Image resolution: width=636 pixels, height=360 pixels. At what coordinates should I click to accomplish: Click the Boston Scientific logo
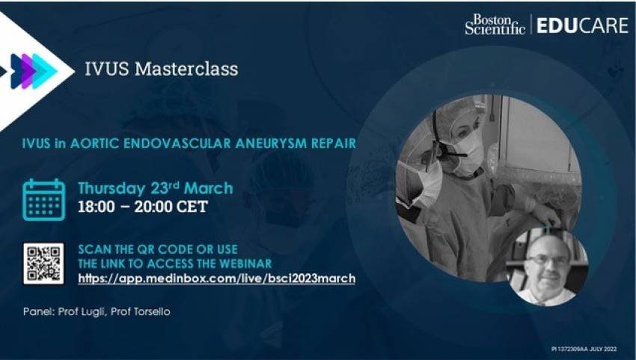coord(495,25)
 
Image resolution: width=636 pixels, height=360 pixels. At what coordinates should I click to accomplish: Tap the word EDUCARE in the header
coord(582,25)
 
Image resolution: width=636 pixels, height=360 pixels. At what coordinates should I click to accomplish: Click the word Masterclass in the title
coord(186,69)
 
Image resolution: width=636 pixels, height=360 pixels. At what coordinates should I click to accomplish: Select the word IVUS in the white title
coord(107,69)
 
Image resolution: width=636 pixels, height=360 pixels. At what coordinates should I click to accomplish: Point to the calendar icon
coord(44,200)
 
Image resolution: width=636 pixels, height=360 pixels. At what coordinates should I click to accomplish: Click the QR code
coord(43,263)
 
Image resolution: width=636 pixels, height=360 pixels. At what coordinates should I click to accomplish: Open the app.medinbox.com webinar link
coord(216,279)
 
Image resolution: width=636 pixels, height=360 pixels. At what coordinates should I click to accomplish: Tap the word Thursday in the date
coord(111,189)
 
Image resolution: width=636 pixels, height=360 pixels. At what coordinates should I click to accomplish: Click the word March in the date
coord(209,189)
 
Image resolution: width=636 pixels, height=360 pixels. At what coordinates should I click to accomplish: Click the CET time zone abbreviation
coord(191,207)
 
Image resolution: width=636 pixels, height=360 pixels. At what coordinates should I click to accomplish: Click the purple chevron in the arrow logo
coord(28,71)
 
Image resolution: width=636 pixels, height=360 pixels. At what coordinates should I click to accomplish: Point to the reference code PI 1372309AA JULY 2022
coord(584,349)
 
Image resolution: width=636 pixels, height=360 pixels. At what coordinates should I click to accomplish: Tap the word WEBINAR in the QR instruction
coord(246,263)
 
